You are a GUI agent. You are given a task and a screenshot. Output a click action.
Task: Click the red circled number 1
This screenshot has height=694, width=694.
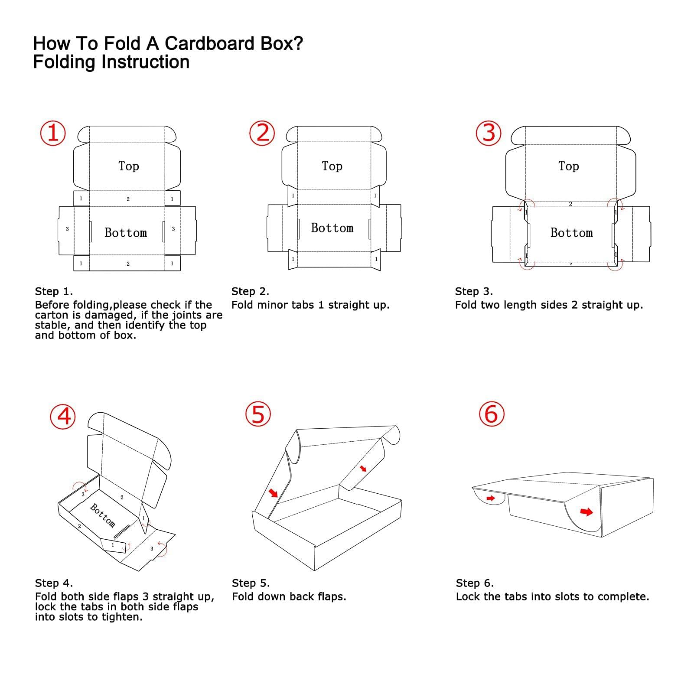click(x=53, y=133)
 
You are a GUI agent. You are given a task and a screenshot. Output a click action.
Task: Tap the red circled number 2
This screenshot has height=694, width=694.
click(x=262, y=133)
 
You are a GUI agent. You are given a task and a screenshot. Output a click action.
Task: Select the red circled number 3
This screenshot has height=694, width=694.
click(x=489, y=133)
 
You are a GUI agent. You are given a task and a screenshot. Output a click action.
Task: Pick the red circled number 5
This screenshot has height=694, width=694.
click(x=258, y=414)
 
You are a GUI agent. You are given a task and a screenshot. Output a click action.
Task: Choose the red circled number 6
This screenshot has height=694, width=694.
click(x=492, y=414)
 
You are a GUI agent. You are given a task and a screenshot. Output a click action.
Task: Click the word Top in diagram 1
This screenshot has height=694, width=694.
click(x=129, y=166)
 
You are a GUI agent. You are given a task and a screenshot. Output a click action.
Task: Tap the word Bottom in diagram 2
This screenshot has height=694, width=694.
click(x=332, y=228)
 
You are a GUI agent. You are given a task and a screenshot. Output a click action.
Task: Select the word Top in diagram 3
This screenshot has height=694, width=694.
click(x=568, y=166)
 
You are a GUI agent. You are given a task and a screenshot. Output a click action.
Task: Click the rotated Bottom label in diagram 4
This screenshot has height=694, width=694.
click(x=103, y=515)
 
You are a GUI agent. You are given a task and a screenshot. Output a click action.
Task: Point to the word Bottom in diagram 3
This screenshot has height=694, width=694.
click(x=571, y=233)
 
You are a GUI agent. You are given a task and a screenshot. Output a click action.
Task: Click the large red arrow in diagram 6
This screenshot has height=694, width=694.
click(x=586, y=512)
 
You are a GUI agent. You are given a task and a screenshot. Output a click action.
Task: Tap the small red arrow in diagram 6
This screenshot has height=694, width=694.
click(x=491, y=498)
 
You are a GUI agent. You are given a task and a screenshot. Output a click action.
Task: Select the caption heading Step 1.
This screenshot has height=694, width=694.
click(x=54, y=291)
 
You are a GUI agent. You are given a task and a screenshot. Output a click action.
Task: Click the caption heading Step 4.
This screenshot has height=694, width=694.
click(x=54, y=583)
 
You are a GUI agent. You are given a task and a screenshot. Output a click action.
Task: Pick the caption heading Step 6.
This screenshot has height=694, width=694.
click(x=475, y=583)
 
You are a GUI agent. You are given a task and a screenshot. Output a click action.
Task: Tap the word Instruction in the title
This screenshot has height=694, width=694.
click(x=145, y=62)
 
